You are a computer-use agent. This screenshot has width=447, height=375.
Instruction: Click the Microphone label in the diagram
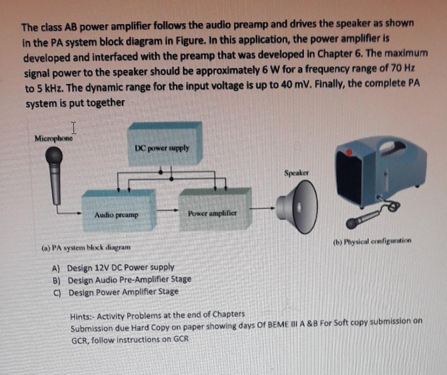(54, 139)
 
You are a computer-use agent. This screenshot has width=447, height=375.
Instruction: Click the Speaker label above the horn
(296, 172)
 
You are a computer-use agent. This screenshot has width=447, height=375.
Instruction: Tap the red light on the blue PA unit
(349, 152)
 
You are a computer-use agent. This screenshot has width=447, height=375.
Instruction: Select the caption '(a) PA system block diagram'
(86, 248)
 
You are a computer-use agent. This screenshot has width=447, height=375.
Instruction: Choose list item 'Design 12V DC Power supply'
(120, 267)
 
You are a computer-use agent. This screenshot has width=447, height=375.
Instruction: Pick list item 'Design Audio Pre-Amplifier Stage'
(129, 280)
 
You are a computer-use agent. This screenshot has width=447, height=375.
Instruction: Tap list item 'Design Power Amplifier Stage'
(123, 292)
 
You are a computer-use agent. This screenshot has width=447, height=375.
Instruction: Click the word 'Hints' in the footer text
(81, 316)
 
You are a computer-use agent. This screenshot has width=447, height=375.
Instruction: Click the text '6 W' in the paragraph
(269, 70)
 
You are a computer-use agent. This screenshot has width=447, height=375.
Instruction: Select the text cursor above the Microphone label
(73, 128)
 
